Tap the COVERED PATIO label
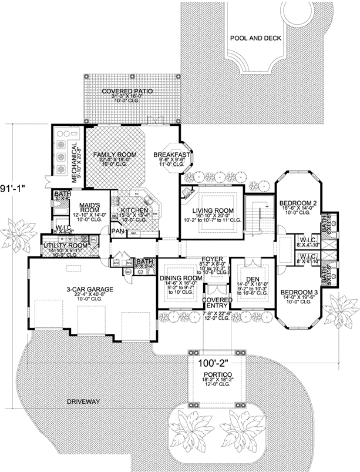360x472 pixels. (x=127, y=92)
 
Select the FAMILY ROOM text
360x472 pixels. (x=115, y=155)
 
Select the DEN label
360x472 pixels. (x=251, y=279)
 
